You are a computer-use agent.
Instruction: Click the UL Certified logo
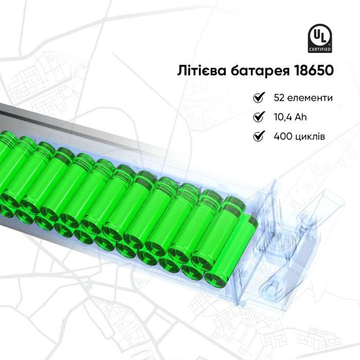319,39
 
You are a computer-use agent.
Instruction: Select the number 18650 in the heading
313,70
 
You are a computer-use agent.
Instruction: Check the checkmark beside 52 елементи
259,97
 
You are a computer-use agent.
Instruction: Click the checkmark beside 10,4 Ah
259,117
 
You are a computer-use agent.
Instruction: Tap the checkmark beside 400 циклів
259,136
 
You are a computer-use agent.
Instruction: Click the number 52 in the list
279,98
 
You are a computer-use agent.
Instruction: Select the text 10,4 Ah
290,117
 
